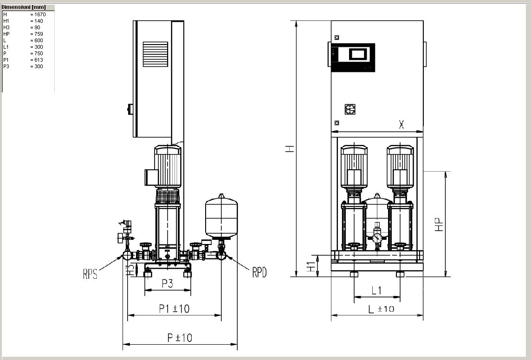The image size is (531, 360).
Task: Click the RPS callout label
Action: click(x=90, y=274)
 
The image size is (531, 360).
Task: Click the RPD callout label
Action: click(x=259, y=272)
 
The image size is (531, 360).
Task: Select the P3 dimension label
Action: click(x=167, y=283)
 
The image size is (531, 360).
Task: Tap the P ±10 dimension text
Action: click(x=180, y=338)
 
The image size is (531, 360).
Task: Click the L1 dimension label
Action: click(x=376, y=290)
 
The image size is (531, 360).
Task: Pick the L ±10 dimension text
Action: click(x=381, y=309)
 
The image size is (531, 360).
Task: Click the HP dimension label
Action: click(x=439, y=225)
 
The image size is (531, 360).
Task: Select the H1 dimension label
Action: click(x=311, y=266)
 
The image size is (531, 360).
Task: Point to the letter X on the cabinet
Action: click(x=401, y=124)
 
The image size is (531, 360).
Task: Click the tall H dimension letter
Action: click(x=290, y=149)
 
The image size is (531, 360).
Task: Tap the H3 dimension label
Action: click(x=130, y=270)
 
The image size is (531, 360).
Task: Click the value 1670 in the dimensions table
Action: click(x=40, y=14)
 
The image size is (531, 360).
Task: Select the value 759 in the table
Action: click(x=39, y=34)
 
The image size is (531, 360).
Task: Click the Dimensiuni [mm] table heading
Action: click(x=24, y=7)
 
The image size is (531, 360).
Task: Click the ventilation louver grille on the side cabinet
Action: click(x=155, y=54)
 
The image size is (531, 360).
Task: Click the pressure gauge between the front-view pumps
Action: click(x=377, y=238)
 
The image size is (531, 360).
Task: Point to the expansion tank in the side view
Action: click(x=221, y=217)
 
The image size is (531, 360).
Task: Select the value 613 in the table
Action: click(x=39, y=60)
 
